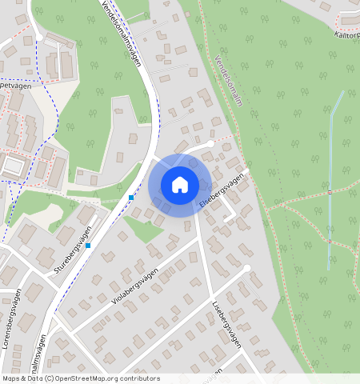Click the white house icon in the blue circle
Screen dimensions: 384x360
pos(180,185)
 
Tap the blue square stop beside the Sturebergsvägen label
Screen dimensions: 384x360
pos(88,245)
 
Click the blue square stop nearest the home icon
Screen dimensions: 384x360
pos(130,197)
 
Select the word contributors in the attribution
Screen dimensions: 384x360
pos(139,378)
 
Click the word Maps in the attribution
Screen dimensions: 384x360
pos(11,378)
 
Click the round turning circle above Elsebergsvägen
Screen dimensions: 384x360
pos(210,144)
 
